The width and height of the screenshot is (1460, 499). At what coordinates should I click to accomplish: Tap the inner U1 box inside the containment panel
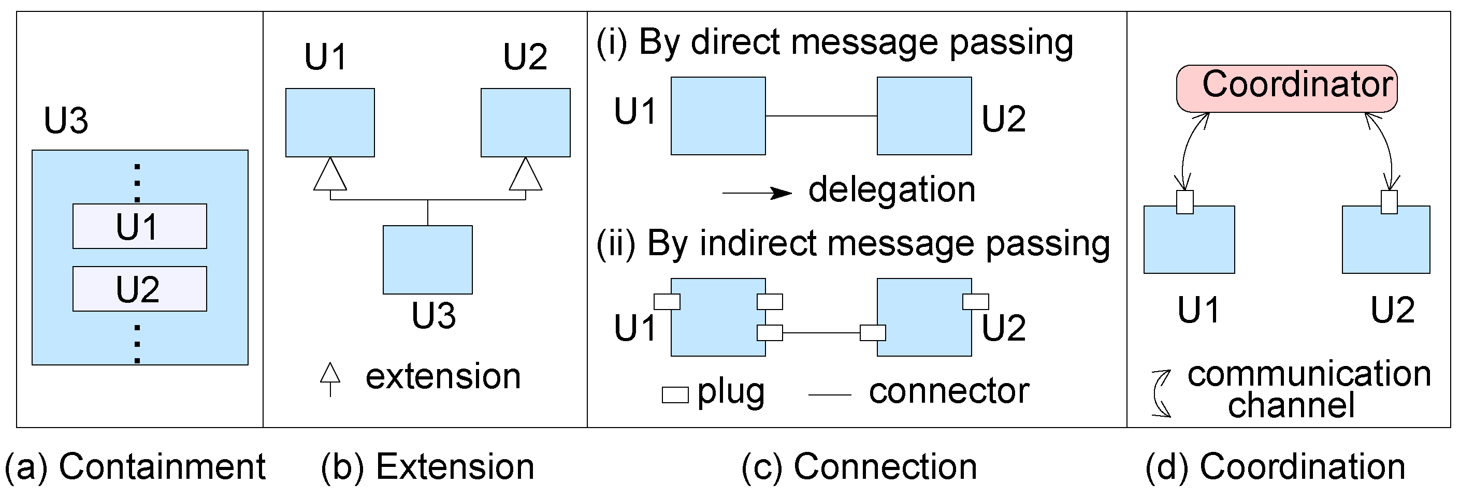pyautogui.click(x=139, y=226)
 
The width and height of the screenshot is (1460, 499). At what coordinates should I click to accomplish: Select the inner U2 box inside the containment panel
pyautogui.click(x=139, y=289)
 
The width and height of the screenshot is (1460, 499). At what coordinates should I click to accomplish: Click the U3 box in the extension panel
pyautogui.click(x=427, y=259)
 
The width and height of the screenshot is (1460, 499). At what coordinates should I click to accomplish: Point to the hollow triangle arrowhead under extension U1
pyautogui.click(x=330, y=175)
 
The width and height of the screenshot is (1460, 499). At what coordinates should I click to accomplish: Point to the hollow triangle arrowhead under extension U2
pyautogui.click(x=525, y=175)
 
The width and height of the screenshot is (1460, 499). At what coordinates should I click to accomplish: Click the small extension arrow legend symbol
pyautogui.click(x=330, y=378)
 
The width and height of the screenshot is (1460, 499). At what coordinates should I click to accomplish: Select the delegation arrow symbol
pyautogui.click(x=757, y=194)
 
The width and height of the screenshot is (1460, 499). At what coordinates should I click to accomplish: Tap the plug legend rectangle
pyautogui.click(x=675, y=394)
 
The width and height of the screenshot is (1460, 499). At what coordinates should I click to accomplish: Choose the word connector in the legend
pyautogui.click(x=949, y=391)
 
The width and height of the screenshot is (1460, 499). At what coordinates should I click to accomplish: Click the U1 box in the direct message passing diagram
pyautogui.click(x=718, y=116)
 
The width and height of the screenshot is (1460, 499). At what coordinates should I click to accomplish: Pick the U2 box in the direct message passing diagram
pyautogui.click(x=924, y=116)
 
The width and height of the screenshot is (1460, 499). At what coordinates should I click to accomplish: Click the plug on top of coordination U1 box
pyautogui.click(x=1184, y=202)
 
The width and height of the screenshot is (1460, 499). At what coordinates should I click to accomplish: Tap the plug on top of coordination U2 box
pyautogui.click(x=1389, y=202)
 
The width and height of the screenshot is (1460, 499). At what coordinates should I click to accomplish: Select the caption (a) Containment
pyautogui.click(x=135, y=467)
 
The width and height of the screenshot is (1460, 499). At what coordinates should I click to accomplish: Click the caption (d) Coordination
pyautogui.click(x=1275, y=467)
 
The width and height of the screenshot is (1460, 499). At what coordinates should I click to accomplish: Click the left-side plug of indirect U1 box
pyautogui.click(x=667, y=302)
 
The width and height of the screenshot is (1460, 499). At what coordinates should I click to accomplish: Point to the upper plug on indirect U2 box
pyautogui.click(x=975, y=302)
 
